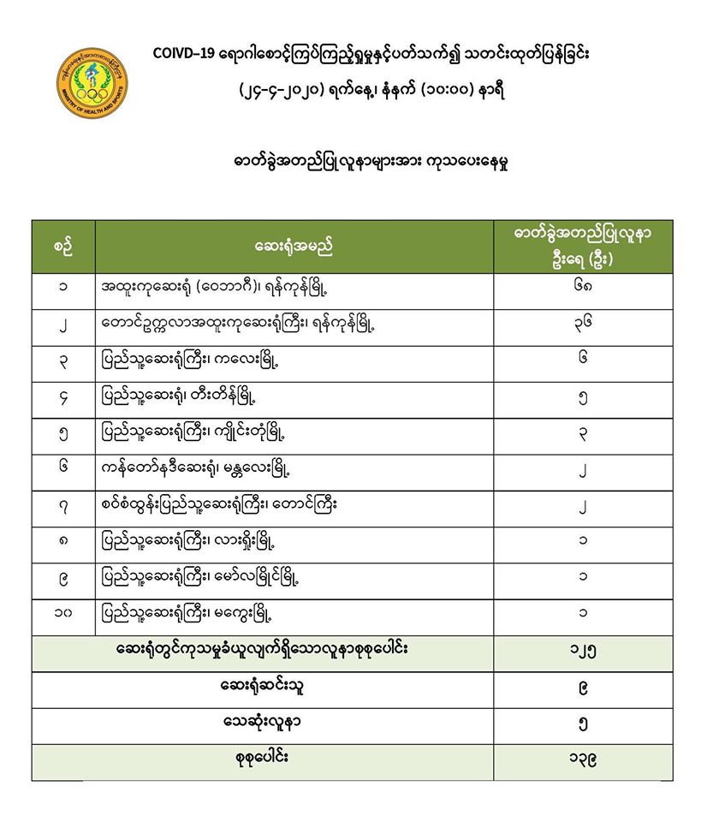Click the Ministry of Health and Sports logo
click(92, 82)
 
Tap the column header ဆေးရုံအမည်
click(294, 247)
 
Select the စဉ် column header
click(62, 247)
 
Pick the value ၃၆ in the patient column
click(582, 323)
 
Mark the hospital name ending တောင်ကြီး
click(218, 505)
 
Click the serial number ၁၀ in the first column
click(62, 613)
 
